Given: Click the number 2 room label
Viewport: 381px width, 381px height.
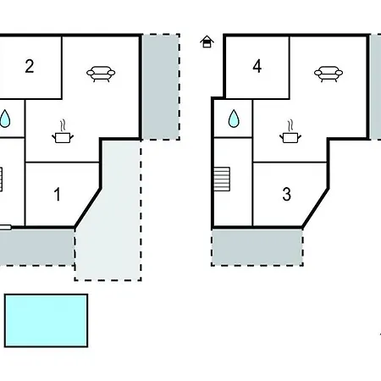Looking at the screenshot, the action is point(30,67).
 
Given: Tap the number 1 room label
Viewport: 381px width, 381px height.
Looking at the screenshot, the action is point(58,195).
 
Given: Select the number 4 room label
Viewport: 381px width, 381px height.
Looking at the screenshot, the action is point(257,67).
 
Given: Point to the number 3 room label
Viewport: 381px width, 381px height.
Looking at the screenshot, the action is point(286,195).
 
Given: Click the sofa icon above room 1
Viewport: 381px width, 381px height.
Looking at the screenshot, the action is point(101,74).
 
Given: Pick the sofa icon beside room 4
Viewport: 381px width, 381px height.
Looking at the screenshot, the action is point(329,74).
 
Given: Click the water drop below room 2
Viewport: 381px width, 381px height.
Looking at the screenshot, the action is point(5,119).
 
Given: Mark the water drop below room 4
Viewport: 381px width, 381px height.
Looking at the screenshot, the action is point(234,119).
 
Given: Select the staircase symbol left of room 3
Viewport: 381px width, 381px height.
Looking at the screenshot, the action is point(222,179).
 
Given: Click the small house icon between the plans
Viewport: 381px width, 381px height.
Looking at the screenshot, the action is point(207,41).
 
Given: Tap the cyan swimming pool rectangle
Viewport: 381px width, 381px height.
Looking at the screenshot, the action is point(46,321).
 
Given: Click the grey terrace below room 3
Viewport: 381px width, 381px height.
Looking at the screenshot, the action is point(257,247).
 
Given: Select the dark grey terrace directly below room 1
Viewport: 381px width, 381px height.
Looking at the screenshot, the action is point(36,247).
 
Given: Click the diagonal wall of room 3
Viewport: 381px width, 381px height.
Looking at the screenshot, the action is point(315,207).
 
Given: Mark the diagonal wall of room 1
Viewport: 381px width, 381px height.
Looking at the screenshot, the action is point(87,207).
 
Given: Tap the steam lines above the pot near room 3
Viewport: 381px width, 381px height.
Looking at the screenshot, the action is point(290,125).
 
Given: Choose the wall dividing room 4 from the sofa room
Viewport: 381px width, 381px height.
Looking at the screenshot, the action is point(290,67).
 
